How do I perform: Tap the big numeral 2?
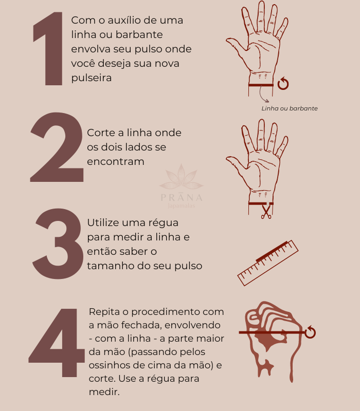click(x=57, y=147)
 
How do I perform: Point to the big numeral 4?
click(x=57, y=343)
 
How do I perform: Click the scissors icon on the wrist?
click(x=266, y=211)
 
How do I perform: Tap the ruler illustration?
click(x=268, y=263)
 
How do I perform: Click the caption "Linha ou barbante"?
click(x=290, y=108)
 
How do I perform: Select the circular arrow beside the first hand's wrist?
click(x=283, y=83)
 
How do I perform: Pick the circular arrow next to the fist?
click(x=310, y=332)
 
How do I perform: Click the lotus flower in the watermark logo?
click(x=182, y=177)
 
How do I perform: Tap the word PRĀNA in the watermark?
click(x=182, y=197)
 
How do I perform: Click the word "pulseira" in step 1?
click(x=92, y=78)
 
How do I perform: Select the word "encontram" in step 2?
click(x=115, y=161)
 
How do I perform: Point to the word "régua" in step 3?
click(x=164, y=223)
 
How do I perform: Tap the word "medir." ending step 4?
click(x=104, y=392)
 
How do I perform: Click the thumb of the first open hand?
click(x=236, y=44)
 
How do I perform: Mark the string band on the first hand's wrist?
click(x=261, y=85)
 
